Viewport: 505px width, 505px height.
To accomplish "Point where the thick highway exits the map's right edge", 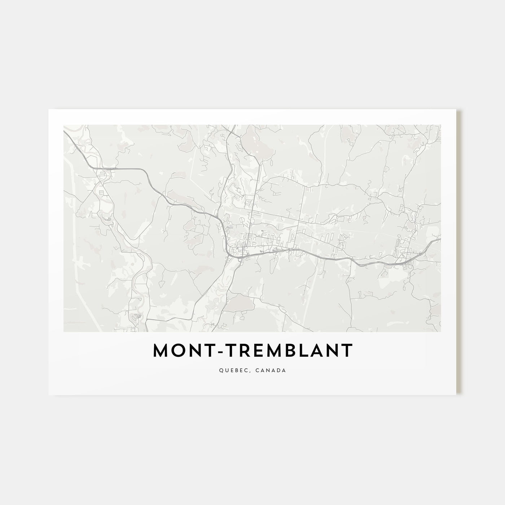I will pyautogui.click(x=440, y=239).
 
